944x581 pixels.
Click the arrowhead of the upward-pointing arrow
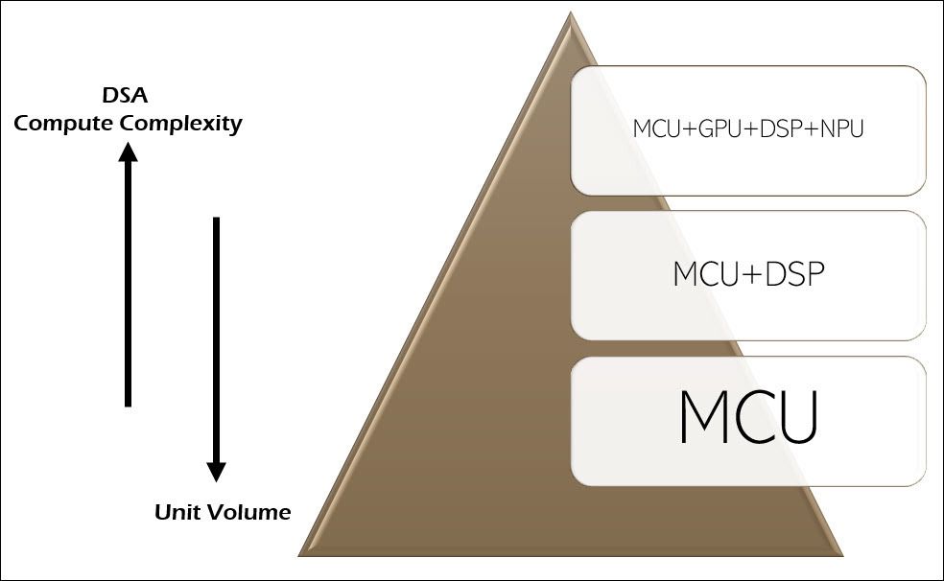(x=128, y=151)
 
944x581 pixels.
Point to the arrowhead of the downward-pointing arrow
(x=217, y=472)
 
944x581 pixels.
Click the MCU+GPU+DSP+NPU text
(x=748, y=128)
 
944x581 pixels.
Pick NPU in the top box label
(x=842, y=128)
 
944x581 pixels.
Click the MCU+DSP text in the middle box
(x=748, y=274)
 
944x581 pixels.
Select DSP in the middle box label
(x=793, y=274)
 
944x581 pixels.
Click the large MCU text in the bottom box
(x=748, y=417)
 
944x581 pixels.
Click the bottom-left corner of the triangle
(x=299, y=554)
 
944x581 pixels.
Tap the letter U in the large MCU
(x=793, y=417)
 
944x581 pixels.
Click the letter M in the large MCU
(x=703, y=417)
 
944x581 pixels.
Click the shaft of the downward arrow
(x=217, y=336)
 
